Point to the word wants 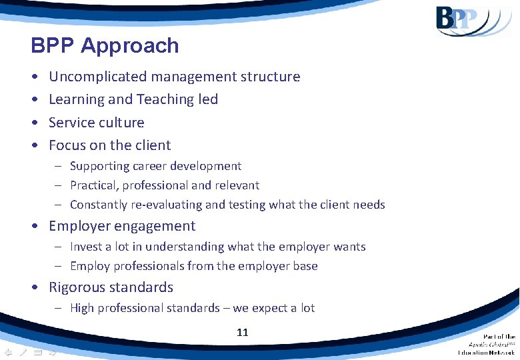[349, 247]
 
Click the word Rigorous [79, 288]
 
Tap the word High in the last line [82, 308]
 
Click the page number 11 [242, 331]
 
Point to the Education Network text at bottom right [486, 351]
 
